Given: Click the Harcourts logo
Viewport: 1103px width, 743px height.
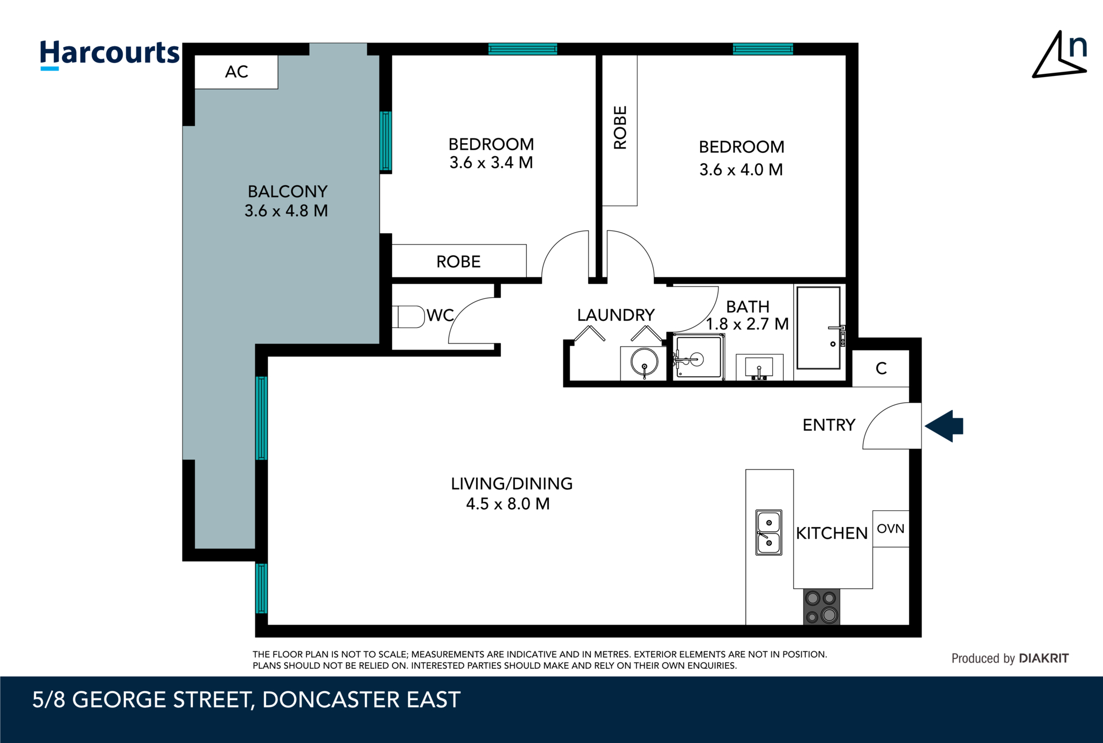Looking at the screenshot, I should pyautogui.click(x=109, y=54).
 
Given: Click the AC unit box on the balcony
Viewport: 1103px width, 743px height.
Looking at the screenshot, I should pyautogui.click(x=236, y=72).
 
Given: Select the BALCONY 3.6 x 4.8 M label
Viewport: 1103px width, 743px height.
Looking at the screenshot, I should pyautogui.click(x=287, y=201).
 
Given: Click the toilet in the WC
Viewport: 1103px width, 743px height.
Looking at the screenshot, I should pyautogui.click(x=409, y=317).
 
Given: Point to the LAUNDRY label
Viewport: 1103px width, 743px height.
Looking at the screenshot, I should pyautogui.click(x=616, y=315).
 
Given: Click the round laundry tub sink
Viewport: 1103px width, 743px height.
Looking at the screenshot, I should pyautogui.click(x=644, y=362).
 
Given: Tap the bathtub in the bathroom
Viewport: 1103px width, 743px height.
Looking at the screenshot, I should pyautogui.click(x=818, y=327).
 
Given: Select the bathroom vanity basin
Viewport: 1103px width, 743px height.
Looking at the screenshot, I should pyautogui.click(x=759, y=368).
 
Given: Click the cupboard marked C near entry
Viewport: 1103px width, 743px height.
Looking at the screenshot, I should pyautogui.click(x=881, y=368).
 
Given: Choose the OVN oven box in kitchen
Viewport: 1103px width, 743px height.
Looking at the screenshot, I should pyautogui.click(x=890, y=529).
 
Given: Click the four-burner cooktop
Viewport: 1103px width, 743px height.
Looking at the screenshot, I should pyautogui.click(x=821, y=607).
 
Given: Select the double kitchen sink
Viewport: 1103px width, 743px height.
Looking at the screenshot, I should pyautogui.click(x=769, y=532).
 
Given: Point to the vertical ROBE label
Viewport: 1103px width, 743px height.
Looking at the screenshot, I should pyautogui.click(x=620, y=128).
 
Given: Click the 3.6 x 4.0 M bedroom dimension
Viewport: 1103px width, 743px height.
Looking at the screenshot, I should pyautogui.click(x=741, y=170).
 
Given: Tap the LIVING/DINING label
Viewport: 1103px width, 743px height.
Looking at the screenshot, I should pyautogui.click(x=511, y=483).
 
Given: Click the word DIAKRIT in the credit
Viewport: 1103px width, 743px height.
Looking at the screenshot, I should pyautogui.click(x=1043, y=658).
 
